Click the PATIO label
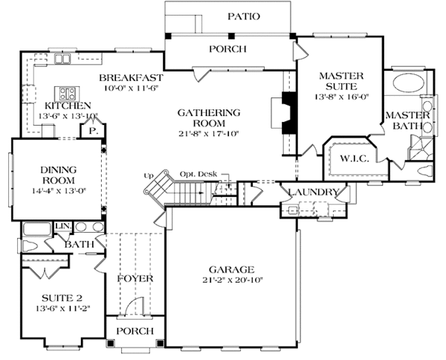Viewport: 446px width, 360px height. coord(244,16)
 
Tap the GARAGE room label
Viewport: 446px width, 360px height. coord(231,269)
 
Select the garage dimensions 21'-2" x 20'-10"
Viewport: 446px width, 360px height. coord(232,280)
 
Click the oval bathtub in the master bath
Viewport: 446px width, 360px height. coord(408,83)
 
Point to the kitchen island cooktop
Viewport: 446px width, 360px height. coord(67,93)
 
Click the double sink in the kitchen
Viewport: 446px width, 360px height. coord(62,59)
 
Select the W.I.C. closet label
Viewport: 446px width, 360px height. coord(355,158)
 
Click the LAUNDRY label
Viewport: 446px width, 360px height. coord(313,192)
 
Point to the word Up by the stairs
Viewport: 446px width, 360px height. coord(148,176)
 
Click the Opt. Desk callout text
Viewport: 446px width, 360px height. coord(198,174)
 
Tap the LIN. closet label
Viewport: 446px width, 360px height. coord(63,226)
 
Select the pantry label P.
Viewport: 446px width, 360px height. coord(93,131)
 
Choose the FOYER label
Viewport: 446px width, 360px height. coord(135,278)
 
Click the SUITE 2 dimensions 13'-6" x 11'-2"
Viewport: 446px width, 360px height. coord(63,309)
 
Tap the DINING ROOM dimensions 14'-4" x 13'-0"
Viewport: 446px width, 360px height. coord(59,191)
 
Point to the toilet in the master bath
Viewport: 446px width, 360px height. coord(424,170)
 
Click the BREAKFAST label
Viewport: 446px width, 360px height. coord(131,77)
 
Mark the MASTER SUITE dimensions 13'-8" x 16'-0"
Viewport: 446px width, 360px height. coord(341,97)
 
